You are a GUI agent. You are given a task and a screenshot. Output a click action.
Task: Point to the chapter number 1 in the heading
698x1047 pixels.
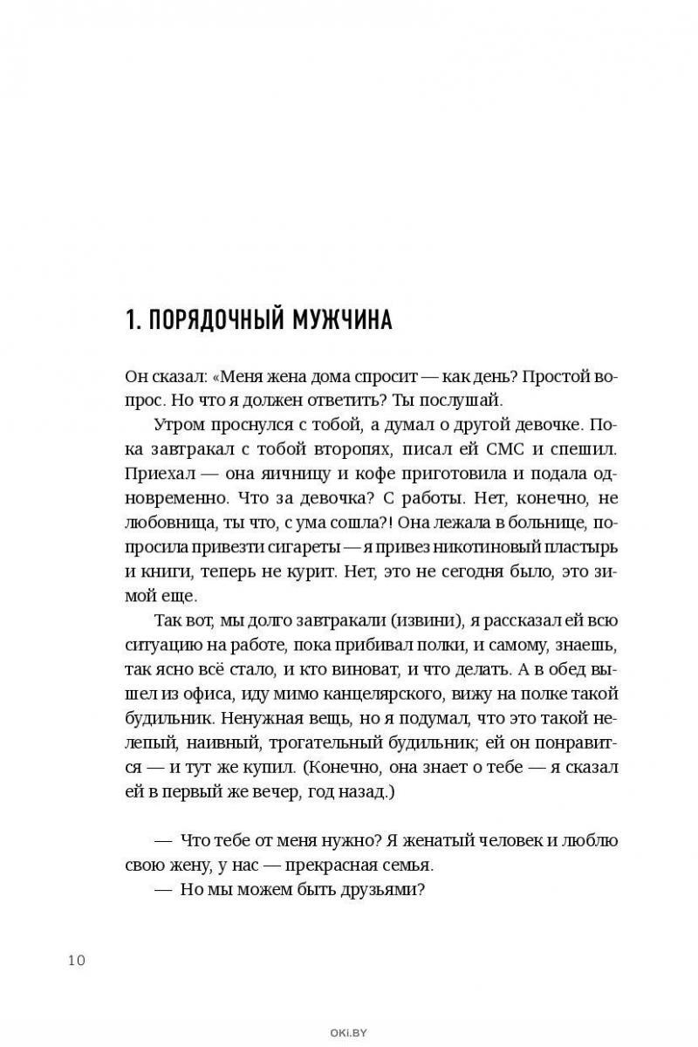pyautogui.click(x=131, y=319)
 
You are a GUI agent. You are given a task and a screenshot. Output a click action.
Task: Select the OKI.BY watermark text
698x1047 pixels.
pyautogui.click(x=349, y=1033)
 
